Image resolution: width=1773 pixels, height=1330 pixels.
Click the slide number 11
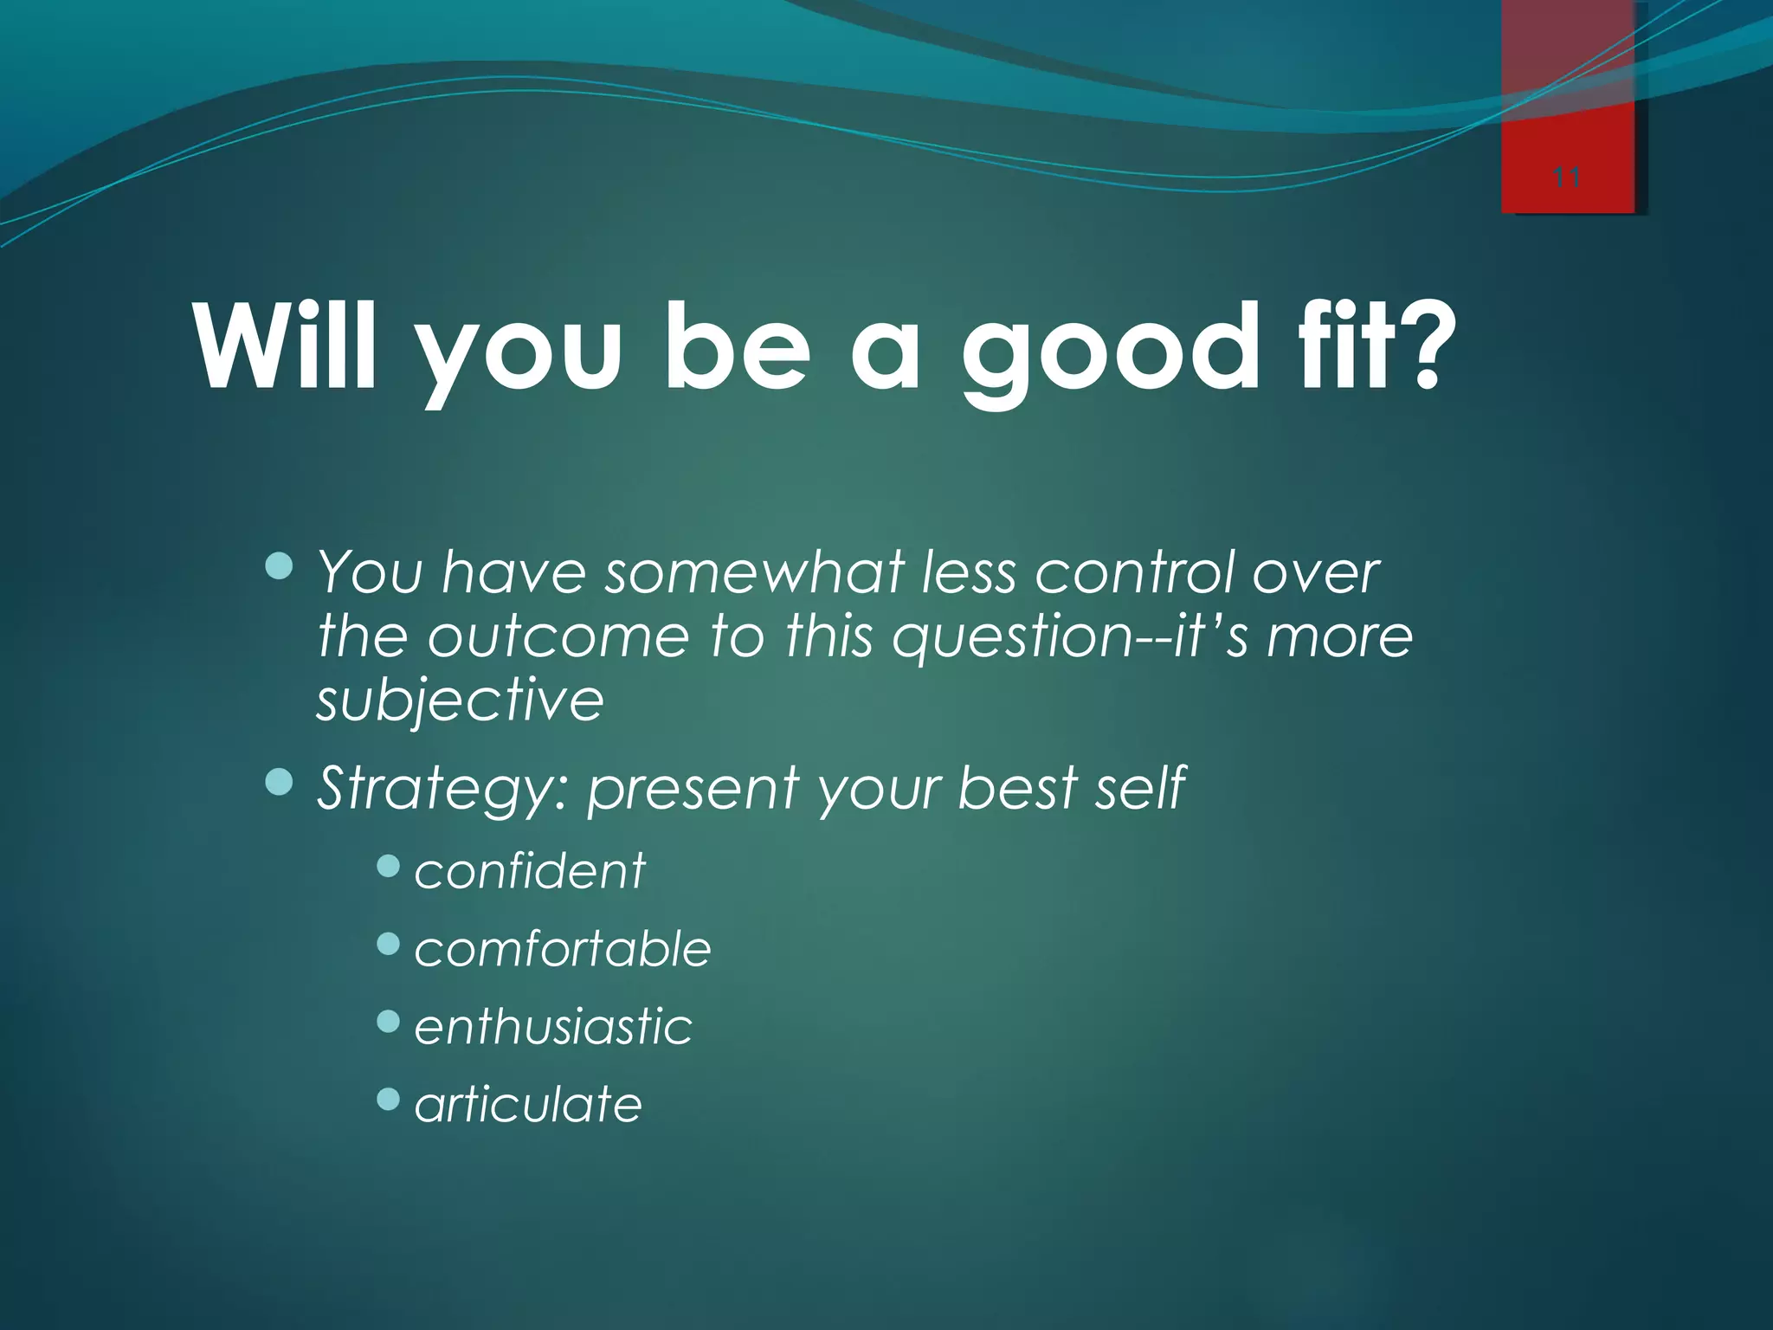coord(1566,178)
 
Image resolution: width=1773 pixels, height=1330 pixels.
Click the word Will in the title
coord(286,348)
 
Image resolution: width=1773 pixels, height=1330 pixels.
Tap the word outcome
coord(558,636)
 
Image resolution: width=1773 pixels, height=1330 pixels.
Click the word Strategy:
coord(442,790)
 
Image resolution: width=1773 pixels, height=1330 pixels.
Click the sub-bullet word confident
coord(530,871)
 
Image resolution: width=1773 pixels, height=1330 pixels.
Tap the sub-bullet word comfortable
coord(563,949)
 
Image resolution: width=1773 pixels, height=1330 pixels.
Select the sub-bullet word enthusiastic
coord(553,1027)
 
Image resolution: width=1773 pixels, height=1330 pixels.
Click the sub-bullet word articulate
coord(528,1105)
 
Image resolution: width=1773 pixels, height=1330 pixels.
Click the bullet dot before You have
coord(280,567)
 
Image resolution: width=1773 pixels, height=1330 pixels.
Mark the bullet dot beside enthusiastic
coord(389,1023)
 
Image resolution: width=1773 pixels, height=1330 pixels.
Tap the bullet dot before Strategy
coord(280,783)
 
